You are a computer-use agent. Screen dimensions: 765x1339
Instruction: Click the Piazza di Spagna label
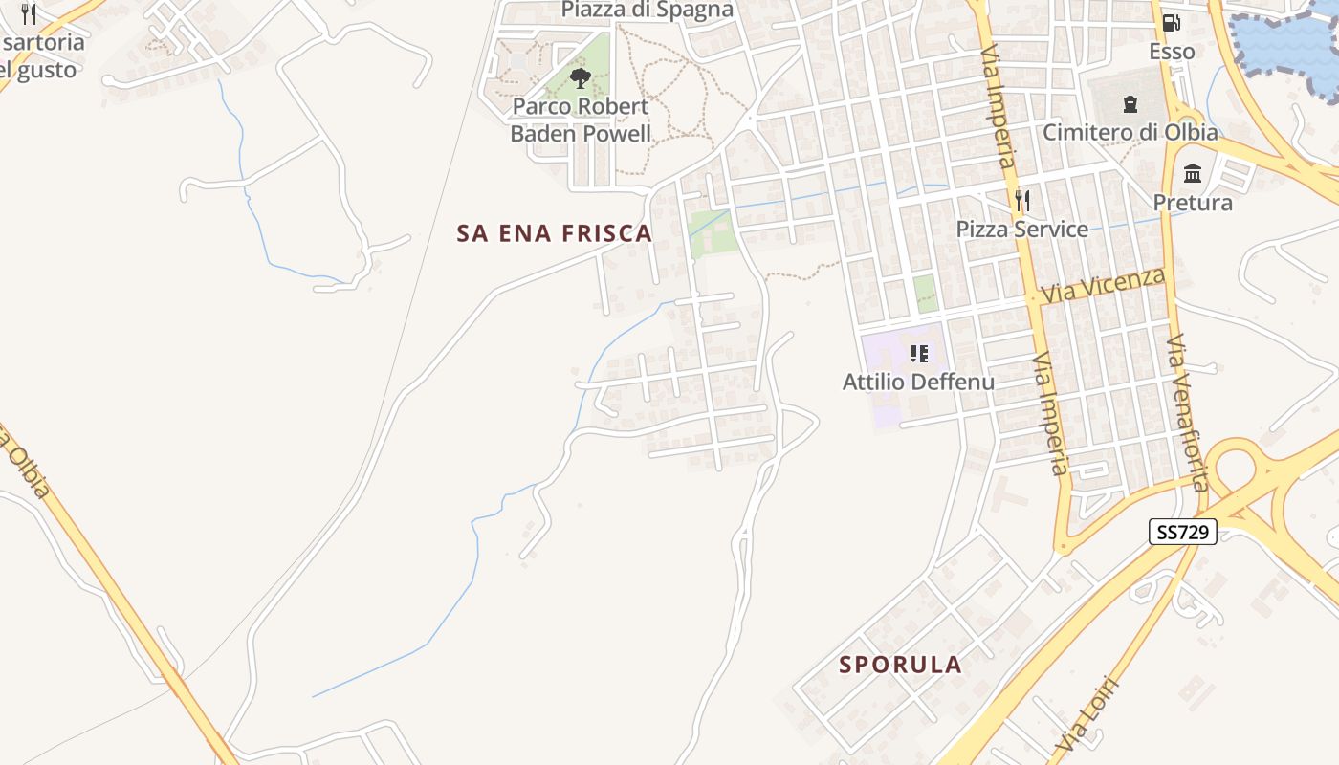[x=648, y=11]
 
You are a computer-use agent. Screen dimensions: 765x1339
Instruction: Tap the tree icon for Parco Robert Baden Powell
[x=580, y=78]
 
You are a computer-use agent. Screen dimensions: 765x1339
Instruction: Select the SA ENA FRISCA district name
[x=555, y=233]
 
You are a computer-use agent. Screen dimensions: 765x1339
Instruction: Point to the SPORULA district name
[x=900, y=665]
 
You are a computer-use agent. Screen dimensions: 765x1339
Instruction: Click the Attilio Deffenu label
[x=918, y=382]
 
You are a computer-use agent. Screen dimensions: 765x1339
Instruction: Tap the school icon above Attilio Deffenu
[x=919, y=355]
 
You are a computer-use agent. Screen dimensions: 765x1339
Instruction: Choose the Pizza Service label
[x=1022, y=229]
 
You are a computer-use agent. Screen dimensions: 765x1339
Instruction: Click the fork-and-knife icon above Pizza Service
[x=1022, y=201]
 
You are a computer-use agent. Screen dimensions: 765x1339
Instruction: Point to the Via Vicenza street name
[x=1105, y=285]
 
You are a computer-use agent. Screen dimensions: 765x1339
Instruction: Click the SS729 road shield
[x=1182, y=533]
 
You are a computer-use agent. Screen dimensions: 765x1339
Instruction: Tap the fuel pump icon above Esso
[x=1172, y=23]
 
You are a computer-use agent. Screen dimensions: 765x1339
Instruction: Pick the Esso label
[x=1172, y=51]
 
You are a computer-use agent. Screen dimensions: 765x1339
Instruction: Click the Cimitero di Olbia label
[x=1130, y=132]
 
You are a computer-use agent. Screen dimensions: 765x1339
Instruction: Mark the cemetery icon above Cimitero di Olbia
[x=1130, y=103]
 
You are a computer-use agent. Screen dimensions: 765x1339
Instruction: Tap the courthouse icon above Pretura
[x=1193, y=174]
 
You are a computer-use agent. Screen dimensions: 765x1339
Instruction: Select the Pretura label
[x=1193, y=203]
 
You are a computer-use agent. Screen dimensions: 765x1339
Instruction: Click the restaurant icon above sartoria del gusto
[x=29, y=14]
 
